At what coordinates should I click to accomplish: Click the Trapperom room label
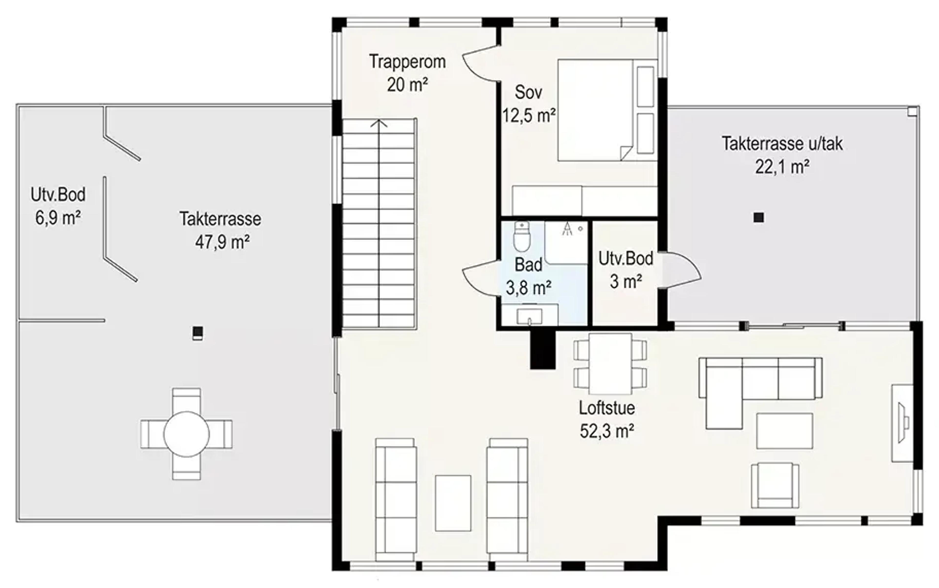[x=407, y=62]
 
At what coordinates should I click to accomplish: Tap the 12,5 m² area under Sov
[x=528, y=116]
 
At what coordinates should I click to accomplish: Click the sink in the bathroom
[x=529, y=316]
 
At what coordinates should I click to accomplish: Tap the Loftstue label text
[x=607, y=408]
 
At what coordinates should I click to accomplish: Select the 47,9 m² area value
[x=222, y=242]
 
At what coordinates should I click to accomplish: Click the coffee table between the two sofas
[x=453, y=503]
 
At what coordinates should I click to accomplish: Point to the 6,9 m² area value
[x=58, y=218]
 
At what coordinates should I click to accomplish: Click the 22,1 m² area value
[x=782, y=167]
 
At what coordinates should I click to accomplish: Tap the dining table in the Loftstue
[x=610, y=364]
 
